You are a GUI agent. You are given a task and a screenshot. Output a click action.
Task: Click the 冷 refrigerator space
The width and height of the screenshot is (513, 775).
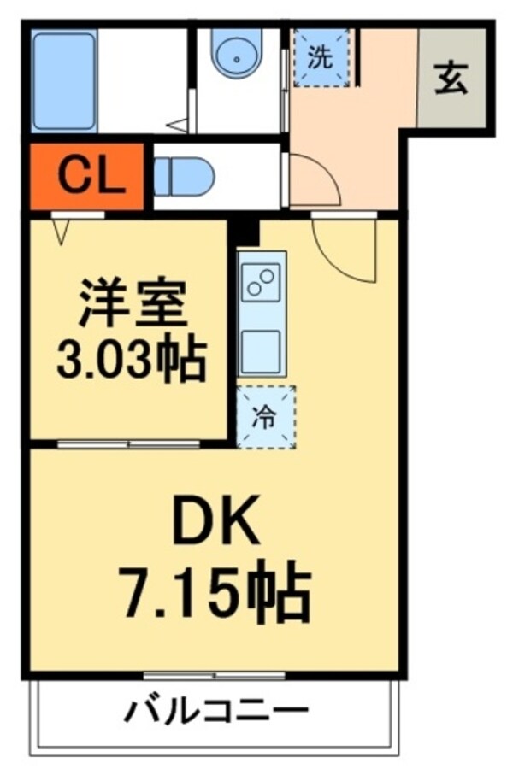266,417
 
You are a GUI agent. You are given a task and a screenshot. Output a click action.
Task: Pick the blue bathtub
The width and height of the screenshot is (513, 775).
64,81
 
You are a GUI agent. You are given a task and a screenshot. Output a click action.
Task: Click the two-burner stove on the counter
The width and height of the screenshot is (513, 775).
262,283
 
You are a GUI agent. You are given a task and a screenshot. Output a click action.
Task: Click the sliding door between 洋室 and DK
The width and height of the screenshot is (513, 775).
129,443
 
